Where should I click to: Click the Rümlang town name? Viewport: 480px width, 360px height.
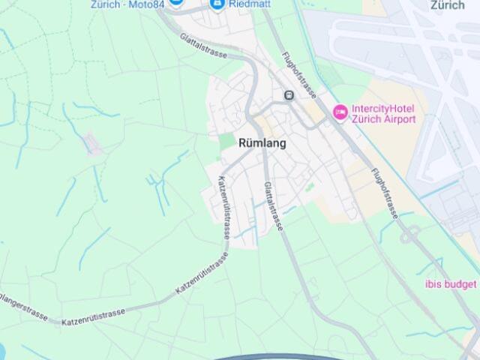pyautogui.click(x=262, y=143)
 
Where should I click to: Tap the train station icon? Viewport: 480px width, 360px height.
pyautogui.click(x=289, y=95)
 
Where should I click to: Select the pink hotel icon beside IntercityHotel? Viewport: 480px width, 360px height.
pyautogui.click(x=340, y=112)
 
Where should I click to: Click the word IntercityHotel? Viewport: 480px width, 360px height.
pyautogui.click(x=382, y=108)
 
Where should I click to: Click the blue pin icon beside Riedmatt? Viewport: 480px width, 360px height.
pyautogui.click(x=217, y=4)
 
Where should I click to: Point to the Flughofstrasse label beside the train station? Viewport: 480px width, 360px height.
pyautogui.click(x=298, y=75)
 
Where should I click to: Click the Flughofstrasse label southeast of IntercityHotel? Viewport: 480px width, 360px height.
pyautogui.click(x=384, y=193)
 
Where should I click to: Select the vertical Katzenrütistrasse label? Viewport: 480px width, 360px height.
pyautogui.click(x=223, y=207)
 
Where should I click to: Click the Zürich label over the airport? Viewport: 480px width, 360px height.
pyautogui.click(x=448, y=5)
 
